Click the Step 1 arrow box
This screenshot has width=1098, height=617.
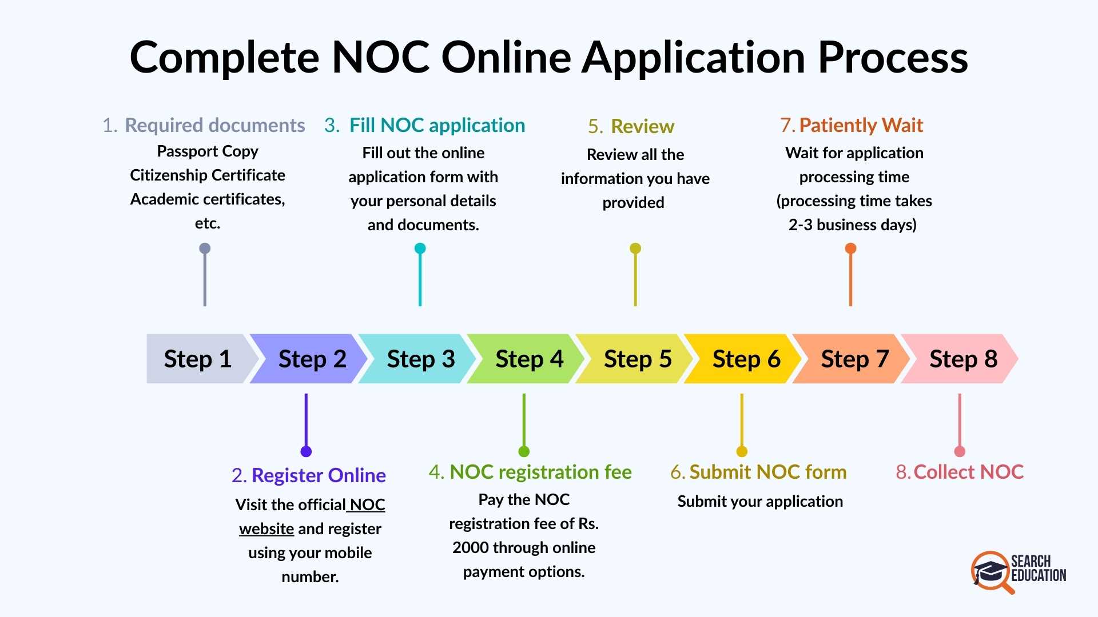198,359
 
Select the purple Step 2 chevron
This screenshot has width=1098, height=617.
309,359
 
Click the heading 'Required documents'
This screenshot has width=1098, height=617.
214,125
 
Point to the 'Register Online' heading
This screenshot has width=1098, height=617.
319,475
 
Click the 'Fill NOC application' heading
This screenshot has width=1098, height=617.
437,125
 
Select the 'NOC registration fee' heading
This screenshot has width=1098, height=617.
540,472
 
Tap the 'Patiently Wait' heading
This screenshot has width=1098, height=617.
861,125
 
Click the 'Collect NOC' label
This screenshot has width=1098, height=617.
968,472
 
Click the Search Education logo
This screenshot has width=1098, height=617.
1018,571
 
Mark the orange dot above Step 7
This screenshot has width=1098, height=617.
850,249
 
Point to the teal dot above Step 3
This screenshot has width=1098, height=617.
420,249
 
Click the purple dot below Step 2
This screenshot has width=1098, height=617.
306,451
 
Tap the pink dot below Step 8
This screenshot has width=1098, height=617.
960,451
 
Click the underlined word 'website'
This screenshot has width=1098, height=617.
266,529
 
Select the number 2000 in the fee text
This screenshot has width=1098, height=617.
470,548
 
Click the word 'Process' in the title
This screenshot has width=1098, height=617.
893,58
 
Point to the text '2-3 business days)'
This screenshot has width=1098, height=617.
852,225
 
